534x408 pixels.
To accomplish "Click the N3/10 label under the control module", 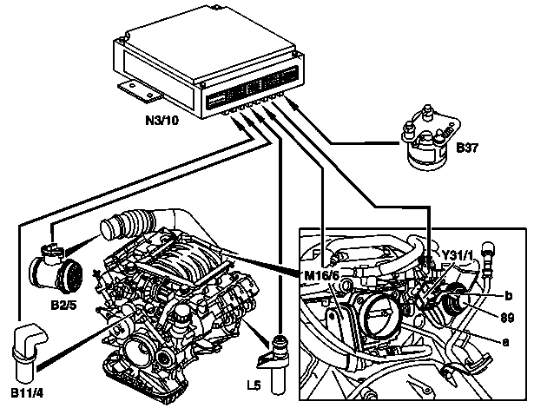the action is [162, 121].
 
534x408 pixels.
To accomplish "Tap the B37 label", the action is [467, 148].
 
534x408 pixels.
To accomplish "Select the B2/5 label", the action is [63, 305].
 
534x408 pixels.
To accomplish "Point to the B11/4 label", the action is [27, 393].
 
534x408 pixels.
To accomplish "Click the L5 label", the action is [254, 385].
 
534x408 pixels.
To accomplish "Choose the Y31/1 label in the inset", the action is [458, 254].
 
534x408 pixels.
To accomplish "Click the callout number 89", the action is [507, 319].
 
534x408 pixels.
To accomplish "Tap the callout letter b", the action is [508, 296].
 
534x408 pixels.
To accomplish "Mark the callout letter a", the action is [505, 341].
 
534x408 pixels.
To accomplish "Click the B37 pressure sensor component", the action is [430, 137].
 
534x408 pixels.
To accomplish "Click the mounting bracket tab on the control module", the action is [141, 90].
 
